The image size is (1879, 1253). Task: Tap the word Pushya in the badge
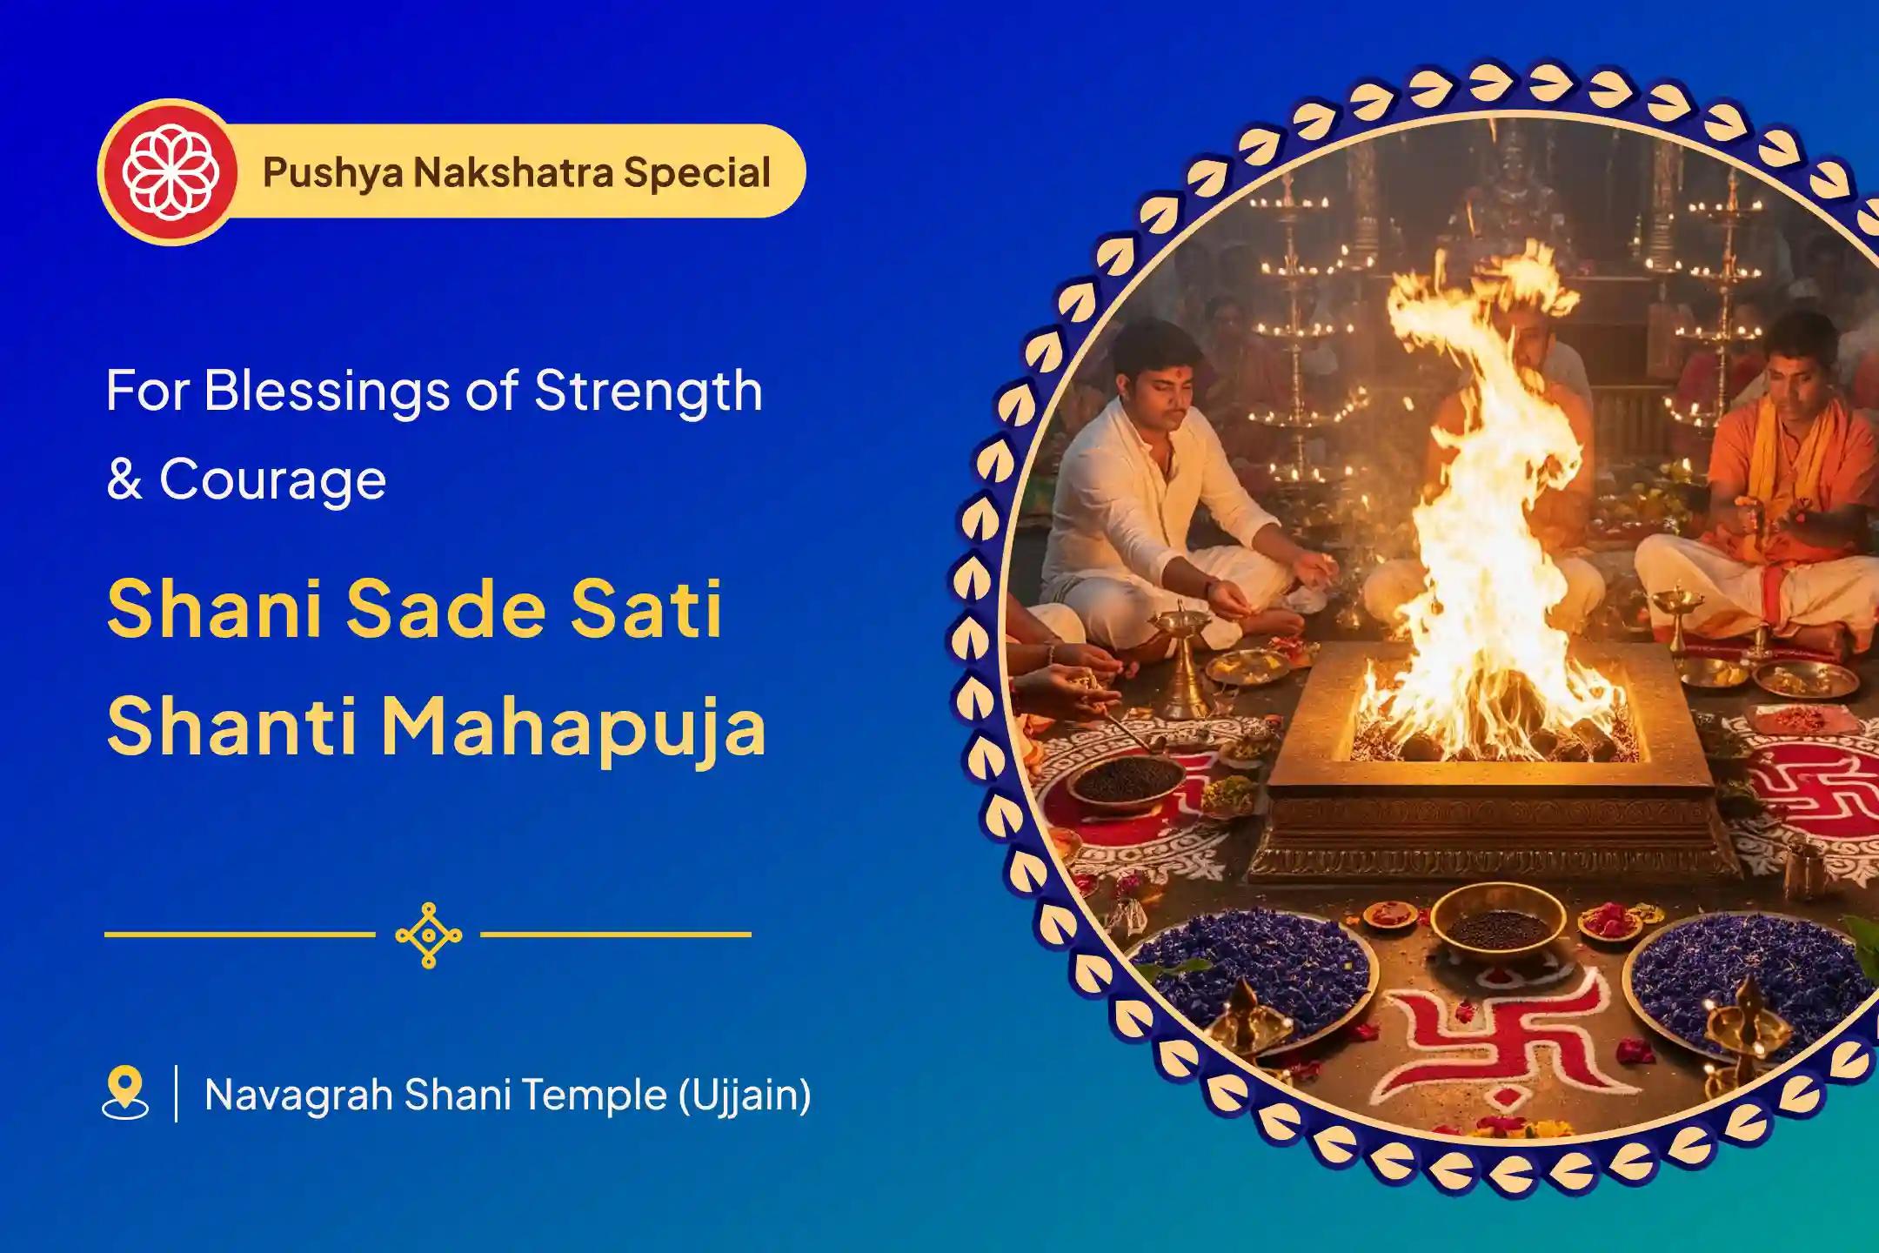click(332, 172)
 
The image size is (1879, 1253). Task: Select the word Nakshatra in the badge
click(512, 171)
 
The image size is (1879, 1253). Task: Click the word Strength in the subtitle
click(648, 391)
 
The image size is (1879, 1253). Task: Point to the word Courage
click(272, 479)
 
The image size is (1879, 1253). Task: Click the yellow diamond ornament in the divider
click(428, 935)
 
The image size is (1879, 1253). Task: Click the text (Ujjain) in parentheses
click(746, 1095)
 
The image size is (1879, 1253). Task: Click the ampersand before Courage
click(124, 479)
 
